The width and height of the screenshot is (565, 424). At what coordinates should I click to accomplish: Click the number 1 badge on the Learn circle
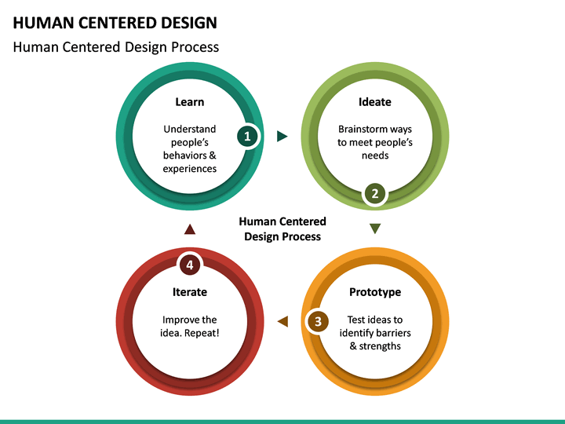[248, 136]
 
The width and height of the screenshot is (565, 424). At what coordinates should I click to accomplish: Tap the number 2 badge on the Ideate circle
[375, 194]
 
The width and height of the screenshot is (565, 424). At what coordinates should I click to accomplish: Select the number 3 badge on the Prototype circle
[318, 321]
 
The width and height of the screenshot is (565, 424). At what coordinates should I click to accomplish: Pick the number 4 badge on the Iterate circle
[189, 265]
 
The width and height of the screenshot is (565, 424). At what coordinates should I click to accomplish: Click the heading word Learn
[189, 102]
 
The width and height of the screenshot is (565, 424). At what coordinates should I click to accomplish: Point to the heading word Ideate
[375, 102]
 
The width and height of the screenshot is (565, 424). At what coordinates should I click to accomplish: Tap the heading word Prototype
[375, 292]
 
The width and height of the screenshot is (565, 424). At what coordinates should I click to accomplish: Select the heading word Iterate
[190, 292]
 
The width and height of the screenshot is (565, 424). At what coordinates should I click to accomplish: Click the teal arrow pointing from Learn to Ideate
[282, 137]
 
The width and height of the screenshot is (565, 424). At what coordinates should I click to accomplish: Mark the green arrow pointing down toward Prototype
[375, 228]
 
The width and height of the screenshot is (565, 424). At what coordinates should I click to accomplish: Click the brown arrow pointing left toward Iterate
[282, 321]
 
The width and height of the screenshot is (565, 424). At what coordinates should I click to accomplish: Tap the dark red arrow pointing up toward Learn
[189, 229]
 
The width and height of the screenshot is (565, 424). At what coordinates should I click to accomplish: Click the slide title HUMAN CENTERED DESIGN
[115, 23]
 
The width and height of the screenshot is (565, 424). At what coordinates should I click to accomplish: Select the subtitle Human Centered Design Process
[116, 47]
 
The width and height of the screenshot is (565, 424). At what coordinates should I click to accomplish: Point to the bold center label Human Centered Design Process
[282, 229]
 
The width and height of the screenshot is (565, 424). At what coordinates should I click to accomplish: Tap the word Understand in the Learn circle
[190, 130]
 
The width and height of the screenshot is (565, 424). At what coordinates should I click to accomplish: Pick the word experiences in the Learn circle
[190, 169]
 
